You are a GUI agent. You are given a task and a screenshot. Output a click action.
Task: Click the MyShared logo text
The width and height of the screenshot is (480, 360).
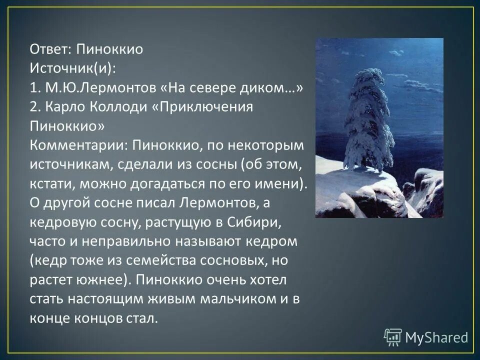tap(436, 337)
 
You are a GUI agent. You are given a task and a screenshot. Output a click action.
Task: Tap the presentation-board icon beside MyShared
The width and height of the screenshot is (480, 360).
tap(393, 337)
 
